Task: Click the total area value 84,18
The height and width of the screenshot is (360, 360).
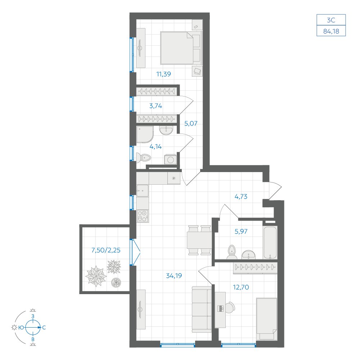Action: point(331,31)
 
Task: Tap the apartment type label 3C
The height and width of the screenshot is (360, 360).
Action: point(331,20)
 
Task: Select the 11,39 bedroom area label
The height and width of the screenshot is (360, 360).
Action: point(163,74)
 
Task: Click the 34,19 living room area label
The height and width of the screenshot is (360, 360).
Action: point(174,275)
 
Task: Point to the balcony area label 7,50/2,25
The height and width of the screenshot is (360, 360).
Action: point(106,250)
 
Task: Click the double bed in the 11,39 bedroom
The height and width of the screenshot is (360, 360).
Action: point(181,48)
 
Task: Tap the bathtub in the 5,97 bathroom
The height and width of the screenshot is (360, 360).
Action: point(270,242)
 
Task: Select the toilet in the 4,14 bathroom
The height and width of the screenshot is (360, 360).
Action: point(144,158)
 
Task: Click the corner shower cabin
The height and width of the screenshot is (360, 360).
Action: point(145,135)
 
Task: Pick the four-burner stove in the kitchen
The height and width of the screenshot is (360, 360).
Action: point(142,216)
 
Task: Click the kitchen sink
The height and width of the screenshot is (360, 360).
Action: point(142,190)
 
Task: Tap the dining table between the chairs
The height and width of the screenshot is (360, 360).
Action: point(199,240)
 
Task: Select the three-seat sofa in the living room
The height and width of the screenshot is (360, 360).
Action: point(202,309)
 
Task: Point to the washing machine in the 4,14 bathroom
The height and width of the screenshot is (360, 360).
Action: point(170,159)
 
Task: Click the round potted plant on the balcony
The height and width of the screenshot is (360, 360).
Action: point(116,282)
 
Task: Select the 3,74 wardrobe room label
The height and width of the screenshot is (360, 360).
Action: point(156,106)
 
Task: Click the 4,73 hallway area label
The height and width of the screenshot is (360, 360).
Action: point(241,196)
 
